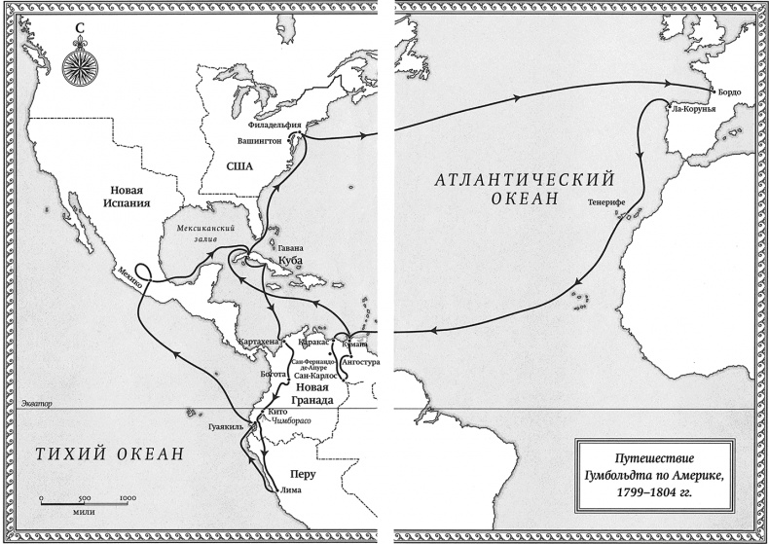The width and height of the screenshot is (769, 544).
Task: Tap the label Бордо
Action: click(x=730, y=91)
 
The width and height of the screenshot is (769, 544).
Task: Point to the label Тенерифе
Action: click(x=605, y=203)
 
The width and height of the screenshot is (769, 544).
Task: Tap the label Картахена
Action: click(x=258, y=344)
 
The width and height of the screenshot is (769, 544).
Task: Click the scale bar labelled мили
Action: click(x=84, y=500)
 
